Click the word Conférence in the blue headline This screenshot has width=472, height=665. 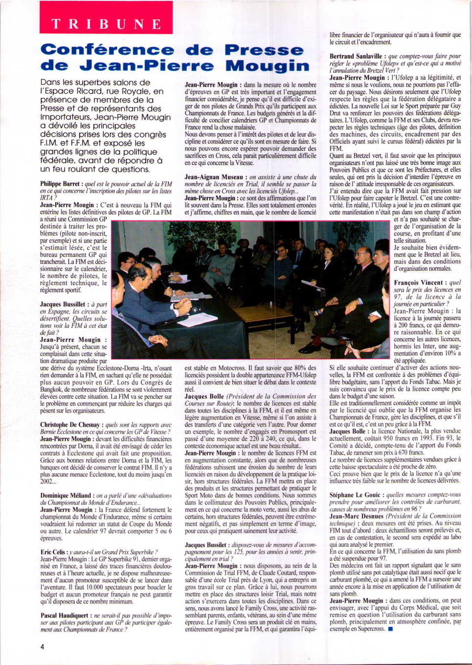tap(107, 50)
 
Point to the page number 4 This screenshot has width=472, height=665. tap(42, 646)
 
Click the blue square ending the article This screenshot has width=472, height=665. tap(390, 629)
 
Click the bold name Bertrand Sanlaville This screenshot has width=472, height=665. tap(355, 56)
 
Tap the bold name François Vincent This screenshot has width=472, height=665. tap(418, 282)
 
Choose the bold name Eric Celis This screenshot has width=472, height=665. tap(53, 552)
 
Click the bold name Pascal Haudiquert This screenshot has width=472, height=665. tap(64, 616)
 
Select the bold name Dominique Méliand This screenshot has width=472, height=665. tap(66, 495)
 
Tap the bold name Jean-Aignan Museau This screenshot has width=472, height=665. tap(214, 177)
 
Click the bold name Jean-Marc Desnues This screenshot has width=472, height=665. tap(356, 516)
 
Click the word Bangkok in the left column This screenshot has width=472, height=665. tap(52, 390)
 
